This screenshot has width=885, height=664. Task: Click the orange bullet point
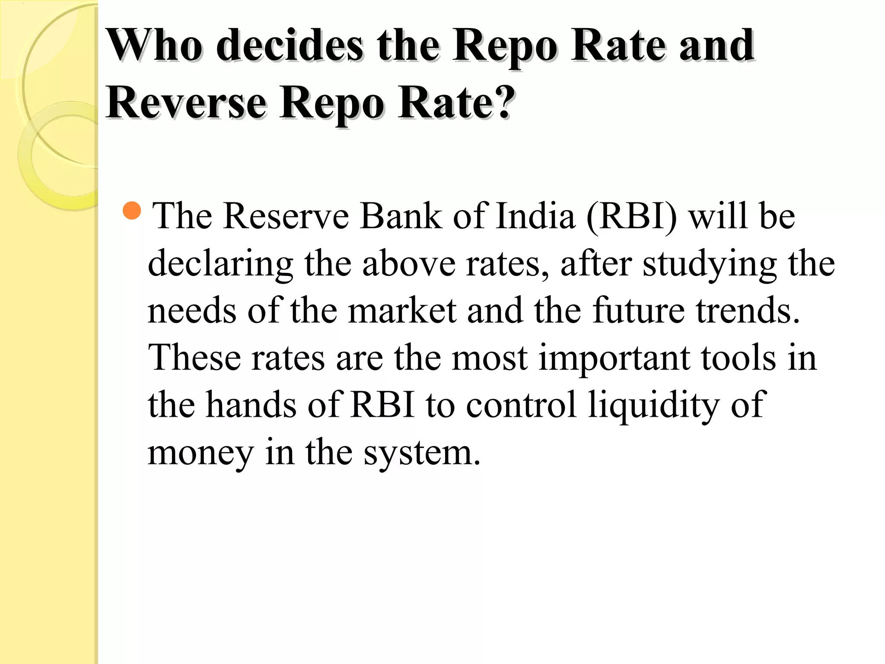(132, 211)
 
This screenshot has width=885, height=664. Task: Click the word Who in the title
(154, 45)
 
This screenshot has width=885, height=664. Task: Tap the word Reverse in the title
(186, 103)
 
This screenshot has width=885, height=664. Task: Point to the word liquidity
(653, 405)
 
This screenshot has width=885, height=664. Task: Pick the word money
(201, 453)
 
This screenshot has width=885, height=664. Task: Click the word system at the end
(422, 453)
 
